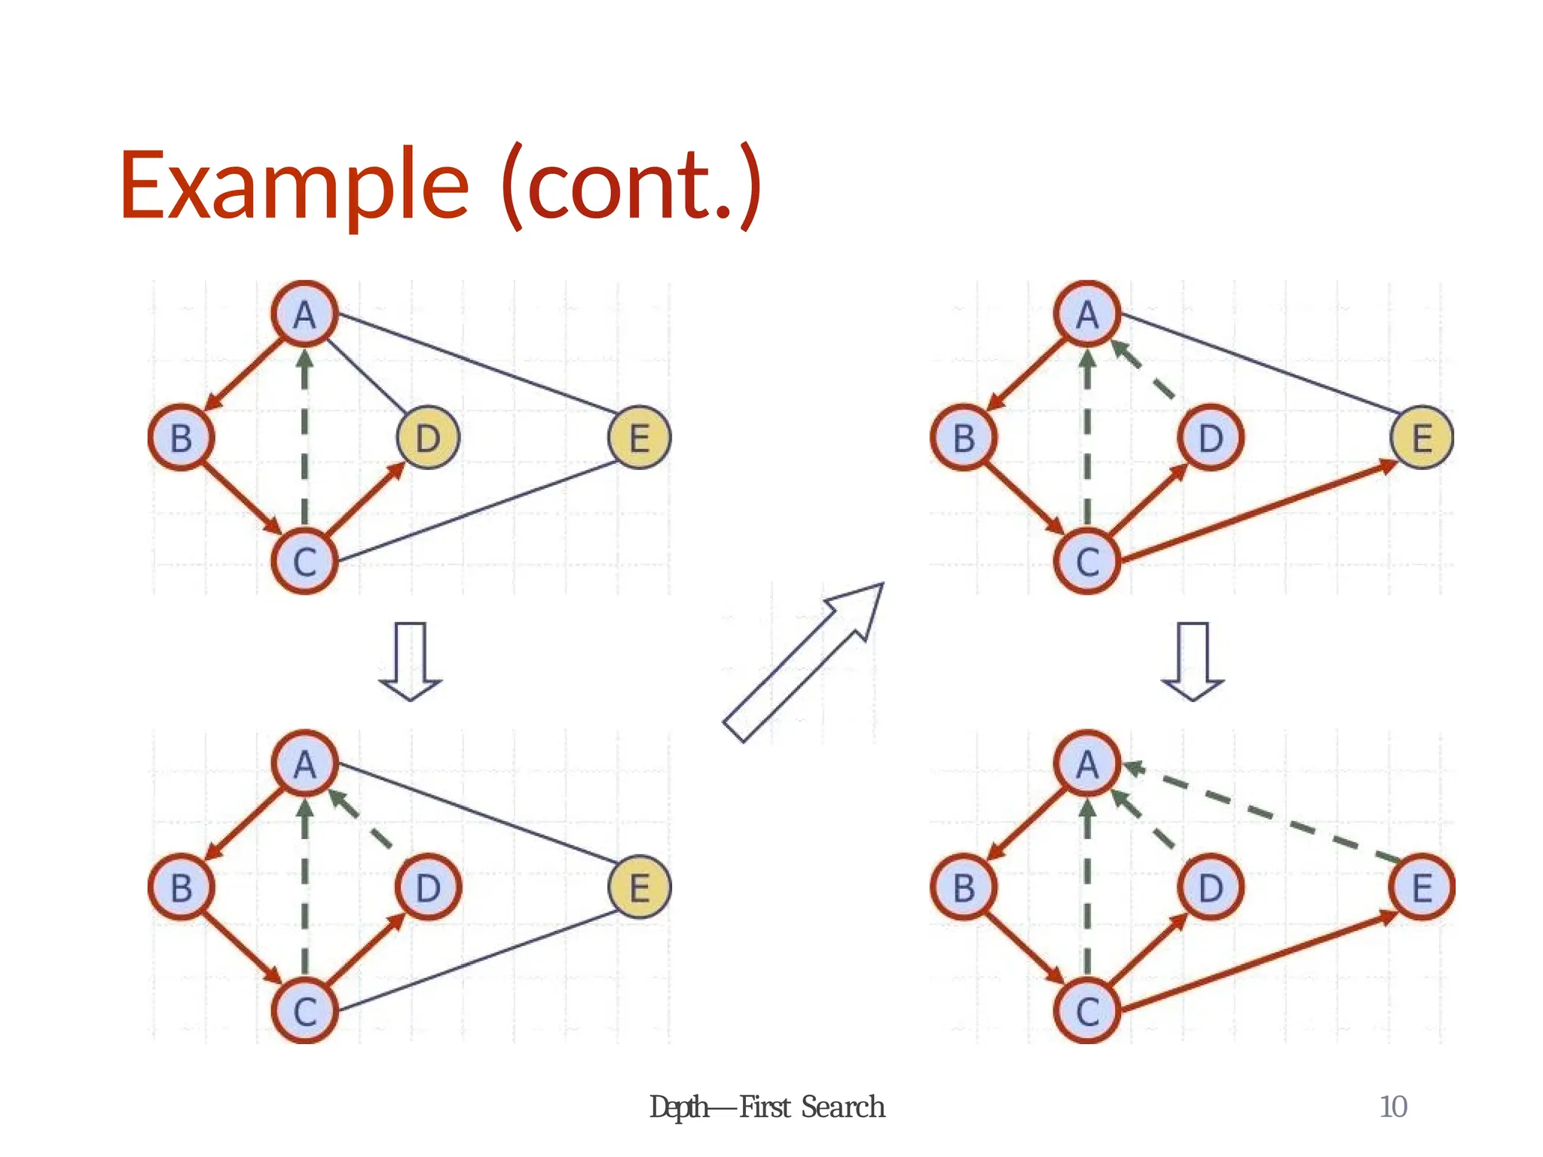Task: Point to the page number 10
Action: tap(1393, 1107)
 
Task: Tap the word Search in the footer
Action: tap(842, 1107)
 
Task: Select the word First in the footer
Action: tap(765, 1107)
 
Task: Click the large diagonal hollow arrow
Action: tap(803, 662)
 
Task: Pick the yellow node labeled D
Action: tap(428, 438)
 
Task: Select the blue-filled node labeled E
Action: tap(1422, 887)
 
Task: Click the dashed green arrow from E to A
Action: tap(1266, 814)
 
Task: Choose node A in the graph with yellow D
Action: tap(304, 314)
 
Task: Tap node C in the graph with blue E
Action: tap(1087, 1011)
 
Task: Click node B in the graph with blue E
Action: tap(964, 887)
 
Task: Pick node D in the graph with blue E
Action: tap(1211, 887)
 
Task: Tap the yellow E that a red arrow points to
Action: tap(1422, 438)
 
